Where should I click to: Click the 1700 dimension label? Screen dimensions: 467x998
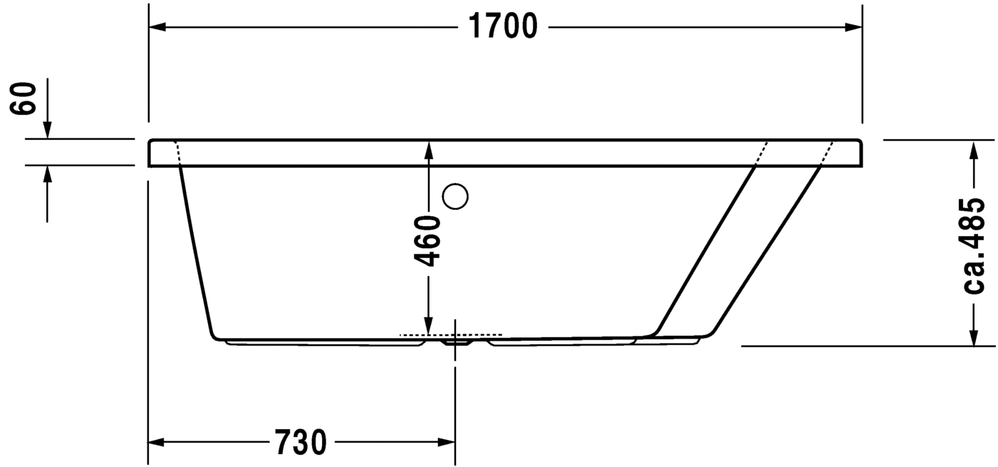coord(502,27)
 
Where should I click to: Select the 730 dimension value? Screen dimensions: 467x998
coord(300,443)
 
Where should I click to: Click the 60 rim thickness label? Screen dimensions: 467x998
coord(24,98)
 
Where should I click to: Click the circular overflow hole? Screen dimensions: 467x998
coord(454,196)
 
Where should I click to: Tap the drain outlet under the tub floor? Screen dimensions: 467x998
coord(456,342)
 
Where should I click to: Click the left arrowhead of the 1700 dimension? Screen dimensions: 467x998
coord(157,27)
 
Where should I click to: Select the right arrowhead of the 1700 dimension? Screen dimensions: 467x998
coord(853,27)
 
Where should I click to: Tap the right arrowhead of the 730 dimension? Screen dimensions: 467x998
coord(447,443)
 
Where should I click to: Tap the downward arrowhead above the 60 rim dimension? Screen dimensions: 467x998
coord(47,130)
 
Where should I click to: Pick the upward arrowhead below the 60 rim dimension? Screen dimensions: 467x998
coord(47,174)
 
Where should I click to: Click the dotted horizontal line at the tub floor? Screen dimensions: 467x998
coord(451,334)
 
